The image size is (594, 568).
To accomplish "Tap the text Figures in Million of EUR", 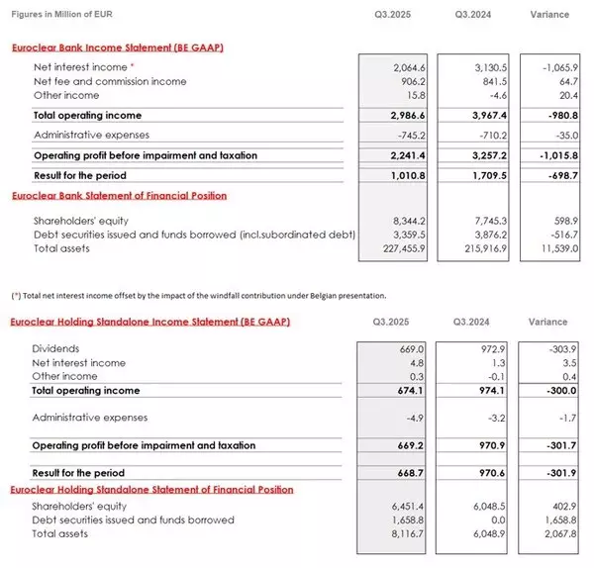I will point(60,14).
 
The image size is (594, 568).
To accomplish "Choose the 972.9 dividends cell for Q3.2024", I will point(490,348).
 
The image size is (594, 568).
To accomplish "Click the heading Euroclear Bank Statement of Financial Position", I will point(119,196).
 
